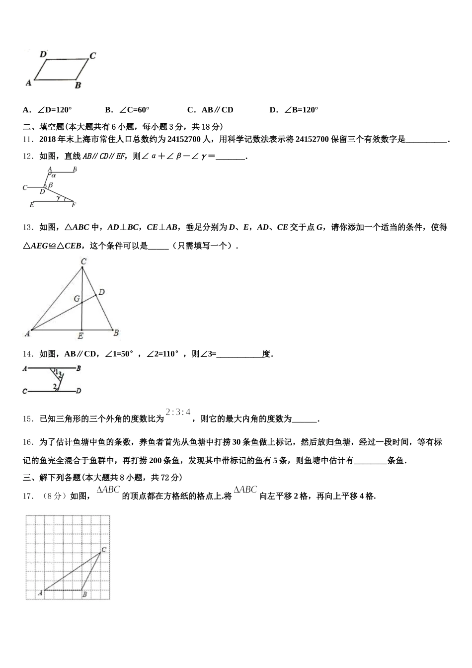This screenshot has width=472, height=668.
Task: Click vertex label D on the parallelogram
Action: click(43, 54)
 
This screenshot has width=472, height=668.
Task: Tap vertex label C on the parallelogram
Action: click(92, 56)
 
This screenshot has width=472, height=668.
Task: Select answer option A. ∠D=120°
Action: click(48, 110)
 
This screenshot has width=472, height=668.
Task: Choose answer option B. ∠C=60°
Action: click(127, 110)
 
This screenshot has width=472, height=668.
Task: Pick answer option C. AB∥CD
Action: click(210, 110)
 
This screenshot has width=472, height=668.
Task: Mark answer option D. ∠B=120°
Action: click(294, 110)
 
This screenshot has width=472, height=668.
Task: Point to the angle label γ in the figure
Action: click(59, 197)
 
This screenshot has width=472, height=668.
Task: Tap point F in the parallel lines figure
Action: click(74, 204)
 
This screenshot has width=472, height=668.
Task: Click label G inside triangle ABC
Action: click(77, 299)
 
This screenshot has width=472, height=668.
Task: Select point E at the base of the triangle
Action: click(80, 336)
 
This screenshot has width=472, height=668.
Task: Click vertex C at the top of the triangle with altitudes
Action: click(83, 261)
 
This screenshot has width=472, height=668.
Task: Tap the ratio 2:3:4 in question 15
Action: click(178, 412)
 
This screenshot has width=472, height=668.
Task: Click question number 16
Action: click(28, 442)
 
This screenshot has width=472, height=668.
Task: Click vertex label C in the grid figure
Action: click(104, 549)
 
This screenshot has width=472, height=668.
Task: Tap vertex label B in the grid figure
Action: click(85, 594)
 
